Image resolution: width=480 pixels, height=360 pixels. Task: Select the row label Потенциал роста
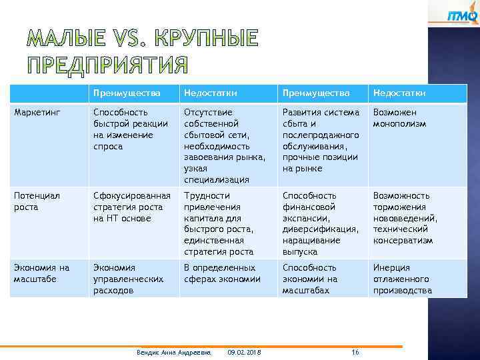[x=37, y=201]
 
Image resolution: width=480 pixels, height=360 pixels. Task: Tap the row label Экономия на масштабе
[x=41, y=273]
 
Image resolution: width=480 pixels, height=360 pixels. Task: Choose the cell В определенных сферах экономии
[x=222, y=273]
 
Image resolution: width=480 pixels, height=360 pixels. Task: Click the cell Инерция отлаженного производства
[x=402, y=279]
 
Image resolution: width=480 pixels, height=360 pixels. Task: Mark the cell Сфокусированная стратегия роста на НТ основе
[x=132, y=207]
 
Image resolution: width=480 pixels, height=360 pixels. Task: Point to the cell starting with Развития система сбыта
[x=321, y=140]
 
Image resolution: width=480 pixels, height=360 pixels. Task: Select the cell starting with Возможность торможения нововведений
[x=405, y=218]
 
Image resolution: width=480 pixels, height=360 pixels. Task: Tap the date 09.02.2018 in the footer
[x=244, y=352]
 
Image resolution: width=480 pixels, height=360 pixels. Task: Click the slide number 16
[x=355, y=352]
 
